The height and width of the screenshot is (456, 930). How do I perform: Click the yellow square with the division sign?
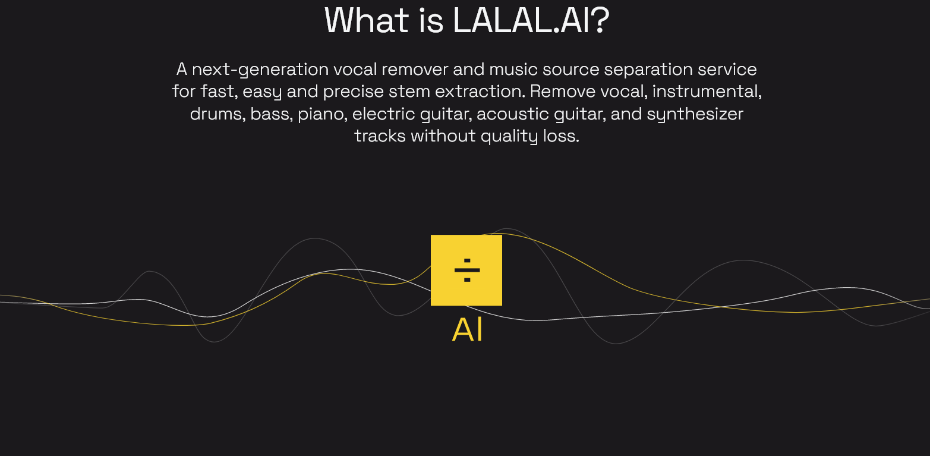point(466,271)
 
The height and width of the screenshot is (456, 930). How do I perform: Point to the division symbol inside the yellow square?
point(467,271)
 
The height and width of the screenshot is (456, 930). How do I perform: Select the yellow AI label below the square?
point(468,330)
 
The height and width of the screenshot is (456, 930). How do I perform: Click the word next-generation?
point(260,70)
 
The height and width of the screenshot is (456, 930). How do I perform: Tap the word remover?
point(415,70)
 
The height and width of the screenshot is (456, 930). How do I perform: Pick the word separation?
point(648,70)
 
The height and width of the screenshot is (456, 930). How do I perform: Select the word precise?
point(354,92)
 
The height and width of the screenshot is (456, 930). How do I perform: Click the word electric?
point(384,114)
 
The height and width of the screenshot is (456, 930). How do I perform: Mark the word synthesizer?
point(695,114)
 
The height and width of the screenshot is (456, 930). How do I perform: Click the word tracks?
point(380,136)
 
